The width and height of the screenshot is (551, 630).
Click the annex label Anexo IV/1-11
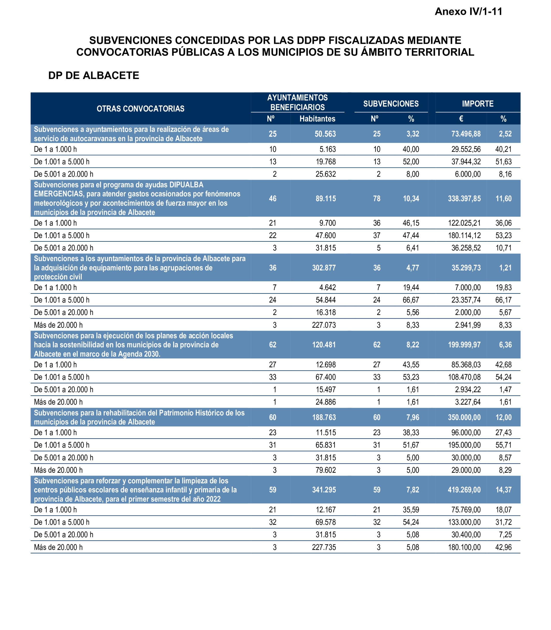point(468,12)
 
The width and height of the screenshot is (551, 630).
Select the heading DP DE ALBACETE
point(94,75)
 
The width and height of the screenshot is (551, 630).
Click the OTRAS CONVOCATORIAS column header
point(140,109)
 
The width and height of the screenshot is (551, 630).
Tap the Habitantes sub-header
point(317,119)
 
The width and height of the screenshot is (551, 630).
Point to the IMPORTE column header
point(477,104)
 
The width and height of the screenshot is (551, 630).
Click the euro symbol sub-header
point(461,119)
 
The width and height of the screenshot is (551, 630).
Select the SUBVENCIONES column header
point(391,104)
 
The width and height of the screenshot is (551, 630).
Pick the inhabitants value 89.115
point(326,198)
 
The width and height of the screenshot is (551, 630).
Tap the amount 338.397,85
point(464,198)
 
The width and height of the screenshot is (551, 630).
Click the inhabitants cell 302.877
point(324,268)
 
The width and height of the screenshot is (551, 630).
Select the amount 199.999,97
point(464,345)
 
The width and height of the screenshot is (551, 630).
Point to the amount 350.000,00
point(464,417)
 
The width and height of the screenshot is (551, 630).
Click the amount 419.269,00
point(464,490)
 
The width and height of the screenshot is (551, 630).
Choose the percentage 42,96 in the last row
point(503,547)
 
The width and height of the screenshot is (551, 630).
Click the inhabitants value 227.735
point(324,547)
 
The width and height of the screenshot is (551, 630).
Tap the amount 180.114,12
point(464,235)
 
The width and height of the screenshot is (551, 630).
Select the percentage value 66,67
point(411,300)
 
